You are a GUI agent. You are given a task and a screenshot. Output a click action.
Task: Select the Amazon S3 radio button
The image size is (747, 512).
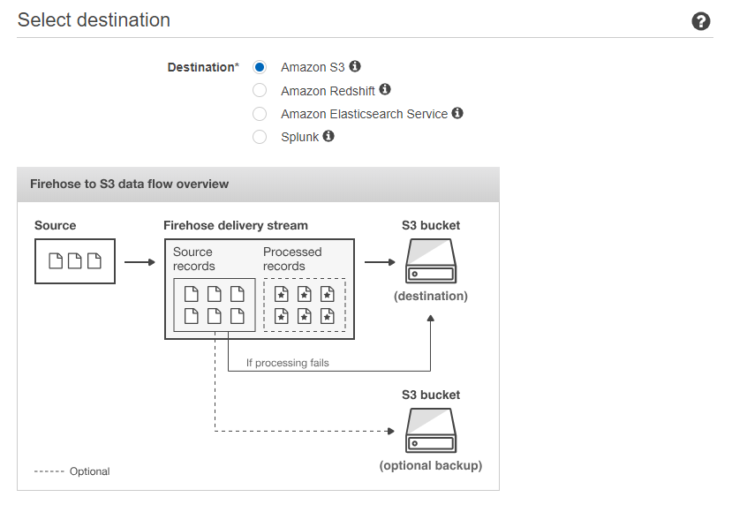[260, 67]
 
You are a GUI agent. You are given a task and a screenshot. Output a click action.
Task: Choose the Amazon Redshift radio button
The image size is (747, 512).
[260, 90]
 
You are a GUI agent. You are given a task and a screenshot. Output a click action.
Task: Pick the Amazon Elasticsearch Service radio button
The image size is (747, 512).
[260, 114]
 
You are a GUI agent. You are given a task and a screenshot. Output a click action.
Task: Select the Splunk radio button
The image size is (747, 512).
[260, 137]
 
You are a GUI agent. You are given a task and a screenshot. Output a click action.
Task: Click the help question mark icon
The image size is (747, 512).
[701, 21]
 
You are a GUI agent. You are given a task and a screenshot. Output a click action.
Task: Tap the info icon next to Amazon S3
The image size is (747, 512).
[355, 66]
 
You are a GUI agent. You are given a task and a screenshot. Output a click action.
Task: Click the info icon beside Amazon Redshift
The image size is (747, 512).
[385, 89]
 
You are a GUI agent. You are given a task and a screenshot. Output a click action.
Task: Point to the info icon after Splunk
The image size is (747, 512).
[328, 136]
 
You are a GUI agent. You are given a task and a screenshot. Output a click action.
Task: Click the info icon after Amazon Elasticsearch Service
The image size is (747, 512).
[457, 113]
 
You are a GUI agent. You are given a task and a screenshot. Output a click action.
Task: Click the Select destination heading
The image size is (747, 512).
[94, 20]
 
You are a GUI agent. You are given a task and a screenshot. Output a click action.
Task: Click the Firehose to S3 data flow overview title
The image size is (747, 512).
[129, 184]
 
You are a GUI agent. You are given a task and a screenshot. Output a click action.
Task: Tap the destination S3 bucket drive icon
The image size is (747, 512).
[431, 261]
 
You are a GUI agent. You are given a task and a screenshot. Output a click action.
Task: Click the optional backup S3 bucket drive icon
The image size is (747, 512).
[431, 431]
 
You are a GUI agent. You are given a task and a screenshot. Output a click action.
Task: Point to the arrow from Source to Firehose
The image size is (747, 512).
[140, 262]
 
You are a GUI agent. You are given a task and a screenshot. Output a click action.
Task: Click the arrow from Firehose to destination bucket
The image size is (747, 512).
[380, 262]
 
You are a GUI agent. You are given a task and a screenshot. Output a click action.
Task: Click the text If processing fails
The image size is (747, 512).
[287, 363]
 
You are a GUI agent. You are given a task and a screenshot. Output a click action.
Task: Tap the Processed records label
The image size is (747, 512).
[292, 259]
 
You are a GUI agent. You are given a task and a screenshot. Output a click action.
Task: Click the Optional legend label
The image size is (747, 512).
[89, 471]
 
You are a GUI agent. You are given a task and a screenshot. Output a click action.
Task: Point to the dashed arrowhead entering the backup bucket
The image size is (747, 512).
[391, 431]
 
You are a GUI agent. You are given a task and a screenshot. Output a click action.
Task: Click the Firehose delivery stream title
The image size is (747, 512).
[236, 225]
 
